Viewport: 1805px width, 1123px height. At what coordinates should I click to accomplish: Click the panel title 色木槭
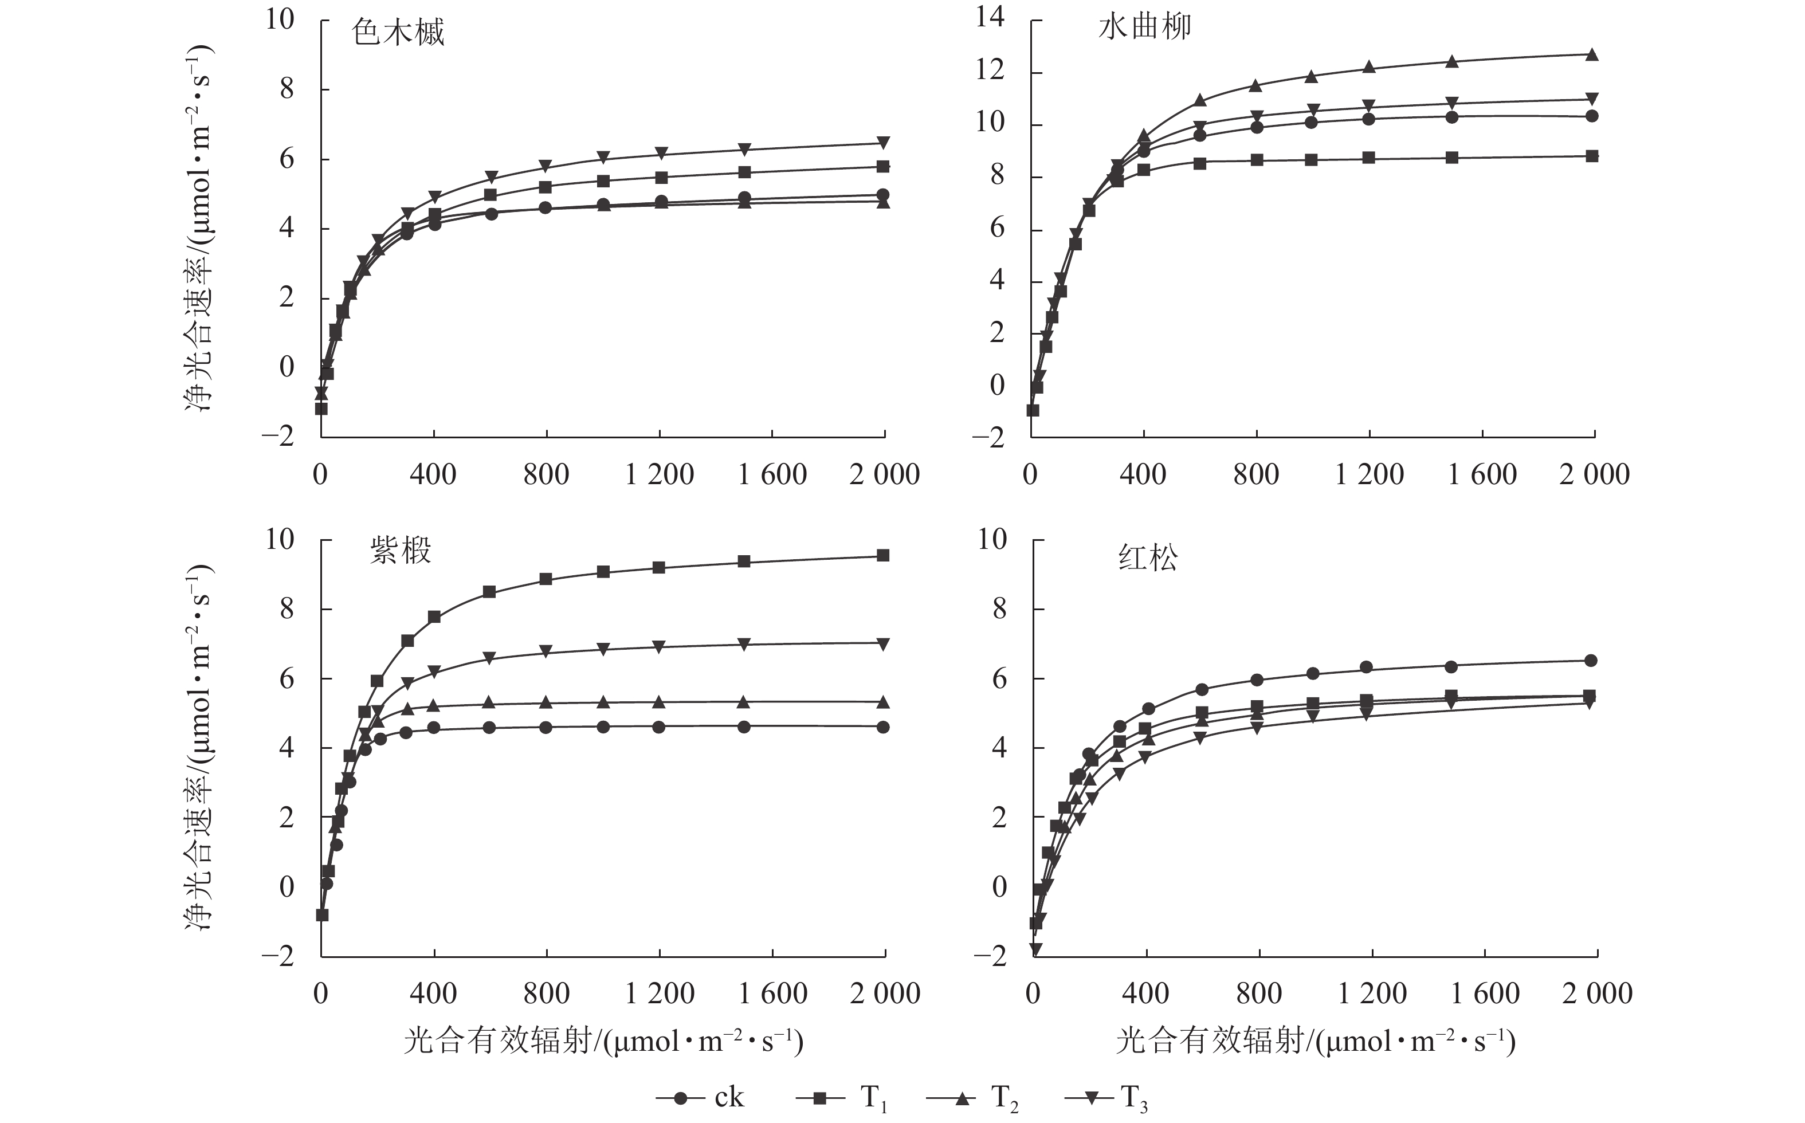click(x=398, y=33)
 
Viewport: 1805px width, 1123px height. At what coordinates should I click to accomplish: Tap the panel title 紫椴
click(x=401, y=551)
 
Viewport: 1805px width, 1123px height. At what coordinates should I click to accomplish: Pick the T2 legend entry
click(x=972, y=1098)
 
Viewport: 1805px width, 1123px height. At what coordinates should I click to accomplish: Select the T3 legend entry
click(x=1106, y=1098)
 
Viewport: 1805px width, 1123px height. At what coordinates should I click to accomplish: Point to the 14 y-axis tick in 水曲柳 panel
click(x=990, y=17)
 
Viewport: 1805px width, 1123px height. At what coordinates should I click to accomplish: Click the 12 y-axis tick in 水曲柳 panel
click(x=990, y=70)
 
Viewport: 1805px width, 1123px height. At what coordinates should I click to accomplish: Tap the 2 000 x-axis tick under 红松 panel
click(x=1597, y=994)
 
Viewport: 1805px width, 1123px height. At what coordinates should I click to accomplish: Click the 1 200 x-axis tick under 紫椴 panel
click(x=660, y=994)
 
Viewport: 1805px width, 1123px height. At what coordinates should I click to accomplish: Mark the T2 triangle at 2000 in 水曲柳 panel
click(x=1592, y=54)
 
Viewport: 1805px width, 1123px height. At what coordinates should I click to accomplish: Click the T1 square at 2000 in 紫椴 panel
click(x=883, y=556)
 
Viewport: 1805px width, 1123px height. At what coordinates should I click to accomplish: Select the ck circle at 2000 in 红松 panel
click(x=1591, y=660)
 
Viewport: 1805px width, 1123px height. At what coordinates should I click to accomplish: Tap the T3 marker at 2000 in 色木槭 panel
click(x=883, y=143)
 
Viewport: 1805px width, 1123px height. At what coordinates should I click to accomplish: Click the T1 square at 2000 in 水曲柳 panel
click(x=1592, y=156)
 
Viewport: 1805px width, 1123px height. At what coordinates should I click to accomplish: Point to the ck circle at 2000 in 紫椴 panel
click(x=883, y=727)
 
